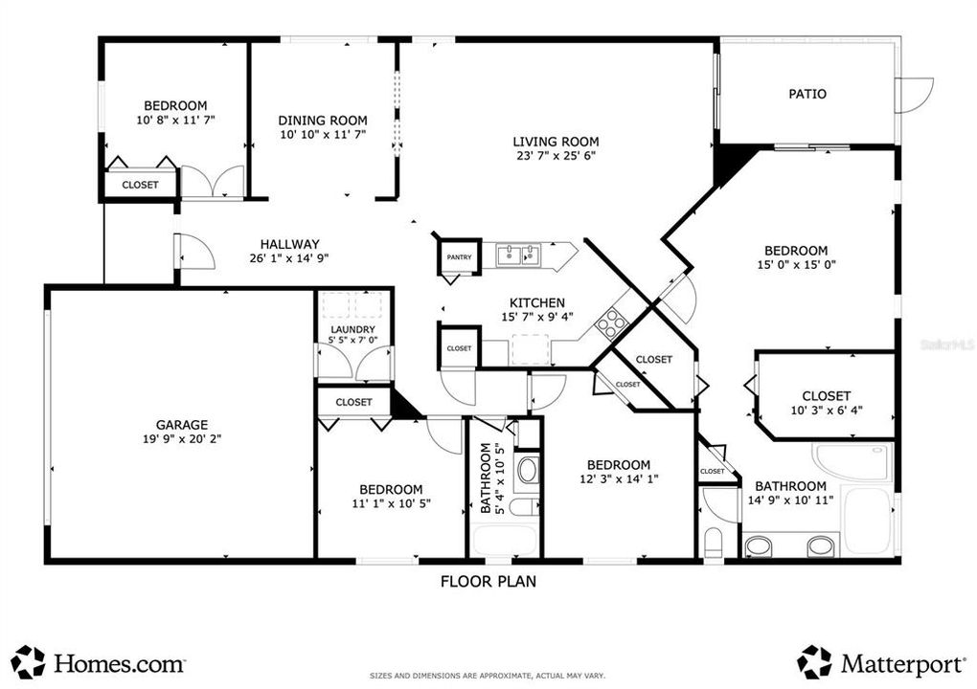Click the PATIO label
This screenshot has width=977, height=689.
coord(807,94)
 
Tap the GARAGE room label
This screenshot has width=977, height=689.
coord(182,425)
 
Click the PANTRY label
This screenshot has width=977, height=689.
coord(459,256)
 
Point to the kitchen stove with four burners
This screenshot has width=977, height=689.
coord(611,324)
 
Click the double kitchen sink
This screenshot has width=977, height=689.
coord(518,255)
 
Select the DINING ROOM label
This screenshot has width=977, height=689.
coord(323,121)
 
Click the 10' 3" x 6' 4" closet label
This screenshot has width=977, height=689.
coord(826,411)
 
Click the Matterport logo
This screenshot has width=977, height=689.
coord(880,662)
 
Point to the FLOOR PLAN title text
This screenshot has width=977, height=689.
coord(488,580)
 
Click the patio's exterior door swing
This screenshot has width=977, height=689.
coord(914,95)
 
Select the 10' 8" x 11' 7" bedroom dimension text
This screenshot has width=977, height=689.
coord(175,121)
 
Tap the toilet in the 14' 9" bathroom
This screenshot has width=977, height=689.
coord(714,542)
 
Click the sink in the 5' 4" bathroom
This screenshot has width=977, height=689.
coord(528,470)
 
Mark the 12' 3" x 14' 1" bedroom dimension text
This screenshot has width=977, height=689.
coord(619,479)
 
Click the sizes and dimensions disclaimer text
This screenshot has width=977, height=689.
coord(488,677)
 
